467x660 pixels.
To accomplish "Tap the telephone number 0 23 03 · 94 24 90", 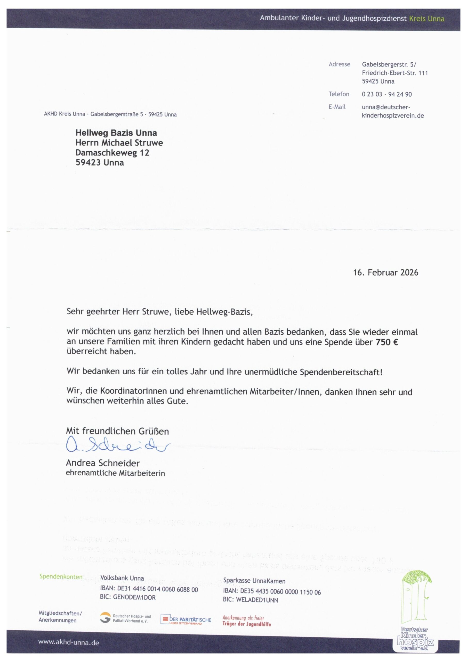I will (x=387, y=94).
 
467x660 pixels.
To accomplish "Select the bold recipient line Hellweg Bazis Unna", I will (x=116, y=133).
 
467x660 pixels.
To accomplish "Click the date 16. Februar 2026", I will (x=385, y=273).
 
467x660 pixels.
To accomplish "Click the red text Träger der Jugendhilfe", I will (x=247, y=624).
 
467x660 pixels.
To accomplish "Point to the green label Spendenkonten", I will (x=61, y=577).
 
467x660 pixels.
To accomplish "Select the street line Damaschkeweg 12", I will (x=112, y=153).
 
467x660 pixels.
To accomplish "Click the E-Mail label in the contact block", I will (x=337, y=107).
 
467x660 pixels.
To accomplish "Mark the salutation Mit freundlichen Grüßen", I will (x=117, y=431).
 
